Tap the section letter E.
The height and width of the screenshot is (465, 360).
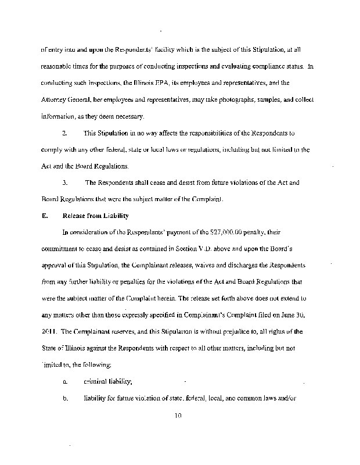point(44,216)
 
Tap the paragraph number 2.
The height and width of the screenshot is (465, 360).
point(64,134)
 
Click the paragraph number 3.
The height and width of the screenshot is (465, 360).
point(64,183)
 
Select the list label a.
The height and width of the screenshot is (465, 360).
point(64,382)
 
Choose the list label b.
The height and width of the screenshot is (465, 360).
point(64,399)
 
